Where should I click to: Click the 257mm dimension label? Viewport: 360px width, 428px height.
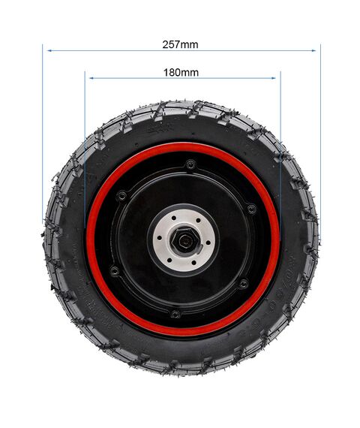pyautogui.click(x=180, y=44)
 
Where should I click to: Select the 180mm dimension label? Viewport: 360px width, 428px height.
pyautogui.click(x=181, y=73)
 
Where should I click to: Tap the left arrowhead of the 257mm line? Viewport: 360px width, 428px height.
pyautogui.click(x=49, y=50)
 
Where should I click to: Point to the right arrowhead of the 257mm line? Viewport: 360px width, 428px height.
pyautogui.click(x=313, y=50)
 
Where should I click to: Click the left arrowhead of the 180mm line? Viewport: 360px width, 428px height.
pyautogui.click(x=91, y=78)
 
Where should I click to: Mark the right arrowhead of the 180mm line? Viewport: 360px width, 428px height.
pyautogui.click(x=274, y=78)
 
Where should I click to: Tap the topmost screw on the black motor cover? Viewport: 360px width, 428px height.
pyautogui.click(x=190, y=164)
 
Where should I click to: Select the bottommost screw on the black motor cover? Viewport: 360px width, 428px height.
pyautogui.click(x=175, y=314)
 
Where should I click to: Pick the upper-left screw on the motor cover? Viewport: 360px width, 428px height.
pyautogui.click(x=121, y=196)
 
